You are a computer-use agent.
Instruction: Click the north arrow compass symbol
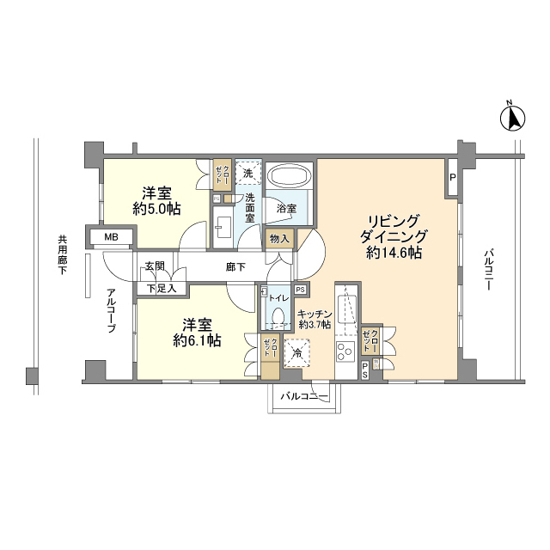512,118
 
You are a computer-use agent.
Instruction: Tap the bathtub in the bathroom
289,176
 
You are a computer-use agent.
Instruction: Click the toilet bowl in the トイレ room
278,315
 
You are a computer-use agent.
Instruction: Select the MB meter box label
111,237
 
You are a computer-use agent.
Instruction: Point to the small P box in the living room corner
453,178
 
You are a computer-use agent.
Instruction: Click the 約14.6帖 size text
394,253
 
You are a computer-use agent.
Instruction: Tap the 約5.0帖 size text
156,210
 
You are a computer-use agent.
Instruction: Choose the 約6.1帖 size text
197,340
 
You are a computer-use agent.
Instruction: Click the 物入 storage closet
279,239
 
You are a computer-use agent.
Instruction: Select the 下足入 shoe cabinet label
162,289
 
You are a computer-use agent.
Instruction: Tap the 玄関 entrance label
155,266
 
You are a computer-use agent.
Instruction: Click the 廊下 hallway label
235,267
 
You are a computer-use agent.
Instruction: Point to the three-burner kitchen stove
345,351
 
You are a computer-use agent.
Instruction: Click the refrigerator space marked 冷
296,353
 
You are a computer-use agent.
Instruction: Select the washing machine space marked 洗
248,173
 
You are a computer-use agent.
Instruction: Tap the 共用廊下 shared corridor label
63,254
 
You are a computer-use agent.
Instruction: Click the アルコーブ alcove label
112,310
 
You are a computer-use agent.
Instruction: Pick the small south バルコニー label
304,397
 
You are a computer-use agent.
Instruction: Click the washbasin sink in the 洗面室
223,227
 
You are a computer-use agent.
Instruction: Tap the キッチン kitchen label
315,314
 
